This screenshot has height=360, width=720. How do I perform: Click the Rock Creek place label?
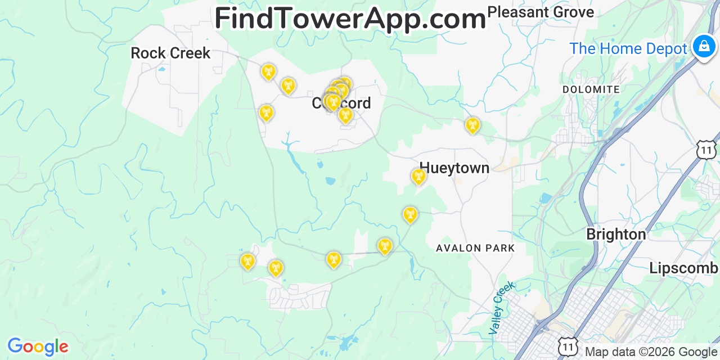coord(170,53)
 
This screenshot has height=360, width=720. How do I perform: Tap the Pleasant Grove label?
coord(540,12)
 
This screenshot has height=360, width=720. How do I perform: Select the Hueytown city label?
coord(454,168)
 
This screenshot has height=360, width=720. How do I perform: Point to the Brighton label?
coord(616,234)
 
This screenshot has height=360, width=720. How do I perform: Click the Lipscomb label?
coord(683,268)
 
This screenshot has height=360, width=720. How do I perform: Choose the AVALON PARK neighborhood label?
coord(475,248)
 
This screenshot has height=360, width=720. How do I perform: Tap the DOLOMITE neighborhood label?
coord(591,89)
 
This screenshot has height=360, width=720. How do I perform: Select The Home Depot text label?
coord(628,49)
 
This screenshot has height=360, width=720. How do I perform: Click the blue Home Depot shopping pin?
coord(704,46)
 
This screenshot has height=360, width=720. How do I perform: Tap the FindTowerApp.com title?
coord(350,19)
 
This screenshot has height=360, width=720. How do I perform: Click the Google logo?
coord(38,346)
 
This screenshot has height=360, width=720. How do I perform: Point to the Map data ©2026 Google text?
coord(651,352)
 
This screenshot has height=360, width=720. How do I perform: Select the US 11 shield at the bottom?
coord(568,347)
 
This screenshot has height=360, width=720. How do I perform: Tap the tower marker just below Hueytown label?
coord(418,177)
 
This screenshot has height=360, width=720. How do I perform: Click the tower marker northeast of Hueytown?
coord(472,125)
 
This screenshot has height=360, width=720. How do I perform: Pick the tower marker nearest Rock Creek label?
coord(268,72)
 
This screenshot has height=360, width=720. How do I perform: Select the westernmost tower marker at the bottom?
coord(247,262)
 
